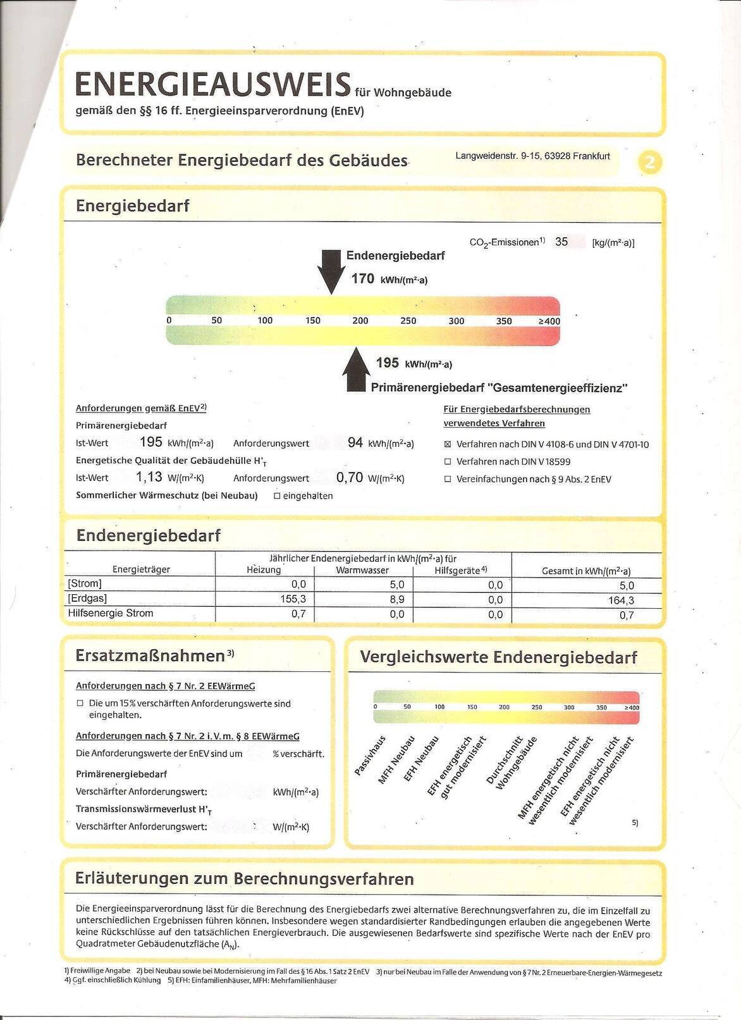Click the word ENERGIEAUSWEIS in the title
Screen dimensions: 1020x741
pyautogui.click(x=212, y=84)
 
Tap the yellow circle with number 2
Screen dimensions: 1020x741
pyautogui.click(x=650, y=163)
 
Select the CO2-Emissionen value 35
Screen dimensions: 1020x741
pyautogui.click(x=561, y=242)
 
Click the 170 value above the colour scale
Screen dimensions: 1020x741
pyautogui.click(x=363, y=278)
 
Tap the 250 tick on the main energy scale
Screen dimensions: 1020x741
pyautogui.click(x=408, y=321)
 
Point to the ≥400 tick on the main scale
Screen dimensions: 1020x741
pyautogui.click(x=549, y=321)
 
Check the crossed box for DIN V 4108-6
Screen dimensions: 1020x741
pyautogui.click(x=448, y=445)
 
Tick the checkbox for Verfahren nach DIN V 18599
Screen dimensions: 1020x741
pyautogui.click(x=448, y=462)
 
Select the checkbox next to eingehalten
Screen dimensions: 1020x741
pyautogui.click(x=277, y=496)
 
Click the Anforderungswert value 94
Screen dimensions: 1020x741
pyautogui.click(x=355, y=443)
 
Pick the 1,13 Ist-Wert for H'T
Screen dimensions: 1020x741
pyautogui.click(x=149, y=478)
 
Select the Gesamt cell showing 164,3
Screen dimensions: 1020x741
pyautogui.click(x=621, y=600)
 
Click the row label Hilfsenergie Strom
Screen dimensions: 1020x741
pyautogui.click(x=111, y=613)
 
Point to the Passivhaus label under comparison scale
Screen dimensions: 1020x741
pyautogui.click(x=370, y=756)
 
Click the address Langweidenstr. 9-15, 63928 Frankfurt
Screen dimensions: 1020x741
pyautogui.click(x=532, y=156)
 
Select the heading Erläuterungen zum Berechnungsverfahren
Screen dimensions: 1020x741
pyautogui.click(x=244, y=878)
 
